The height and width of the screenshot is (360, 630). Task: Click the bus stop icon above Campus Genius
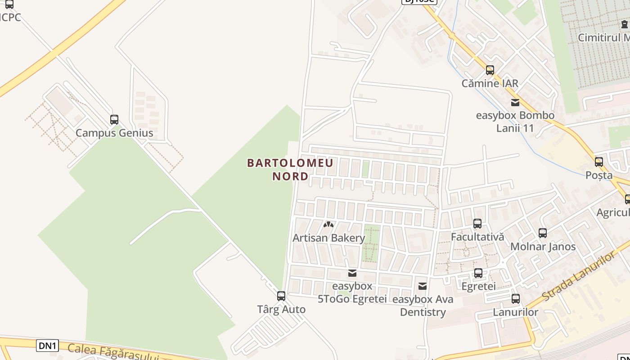click(x=114, y=120)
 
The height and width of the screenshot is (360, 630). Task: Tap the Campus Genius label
click(x=114, y=133)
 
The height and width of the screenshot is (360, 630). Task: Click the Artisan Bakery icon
click(x=328, y=224)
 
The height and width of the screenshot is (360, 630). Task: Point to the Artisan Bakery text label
click(x=328, y=238)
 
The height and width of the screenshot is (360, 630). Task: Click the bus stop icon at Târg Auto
click(x=281, y=296)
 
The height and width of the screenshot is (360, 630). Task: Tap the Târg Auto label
click(x=281, y=310)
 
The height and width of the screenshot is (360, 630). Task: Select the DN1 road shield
click(x=48, y=346)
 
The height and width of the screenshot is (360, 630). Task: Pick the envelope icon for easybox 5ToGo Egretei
click(x=352, y=273)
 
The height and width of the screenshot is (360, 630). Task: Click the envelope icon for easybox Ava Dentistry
click(x=423, y=286)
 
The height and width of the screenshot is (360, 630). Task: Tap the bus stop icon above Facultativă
click(x=477, y=223)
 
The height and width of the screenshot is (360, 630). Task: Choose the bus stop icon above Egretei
click(x=478, y=273)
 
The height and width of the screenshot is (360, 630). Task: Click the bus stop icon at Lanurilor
click(x=516, y=298)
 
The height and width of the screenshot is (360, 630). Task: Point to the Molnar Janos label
click(x=543, y=247)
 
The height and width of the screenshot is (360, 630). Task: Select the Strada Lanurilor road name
click(x=578, y=276)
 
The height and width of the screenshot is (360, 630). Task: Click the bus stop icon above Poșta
click(x=599, y=162)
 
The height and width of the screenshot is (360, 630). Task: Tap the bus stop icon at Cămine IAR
click(x=490, y=70)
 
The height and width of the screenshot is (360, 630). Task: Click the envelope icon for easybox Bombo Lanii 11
click(x=515, y=102)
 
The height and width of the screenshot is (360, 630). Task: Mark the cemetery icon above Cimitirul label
click(x=625, y=24)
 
